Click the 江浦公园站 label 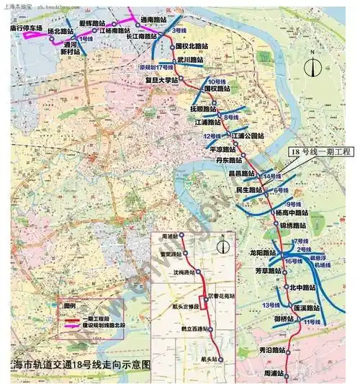tap(247, 135)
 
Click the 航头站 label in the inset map tap(209, 359)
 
